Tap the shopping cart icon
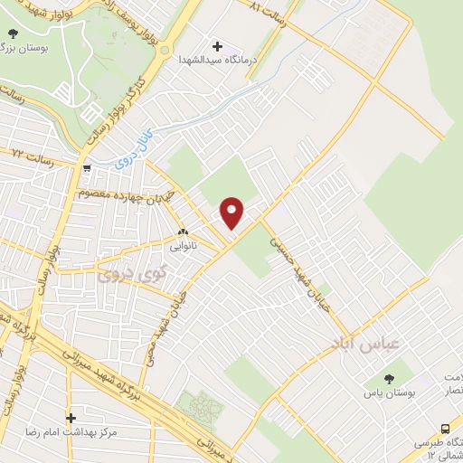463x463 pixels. point(85,167)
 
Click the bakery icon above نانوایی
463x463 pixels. point(183,231)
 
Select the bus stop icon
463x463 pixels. point(444,429)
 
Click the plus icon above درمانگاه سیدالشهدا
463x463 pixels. point(217,46)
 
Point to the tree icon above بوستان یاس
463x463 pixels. point(389,378)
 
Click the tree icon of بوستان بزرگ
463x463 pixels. point(11,33)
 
